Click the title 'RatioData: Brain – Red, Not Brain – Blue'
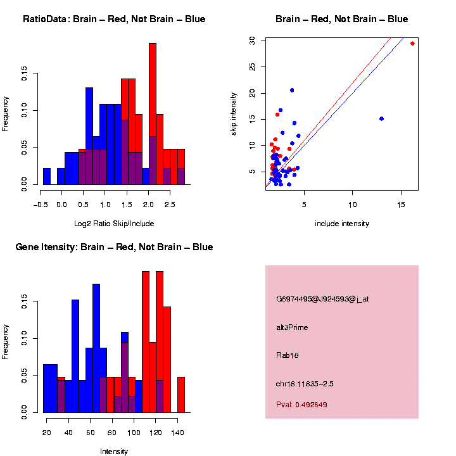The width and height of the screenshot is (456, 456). click(x=114, y=19)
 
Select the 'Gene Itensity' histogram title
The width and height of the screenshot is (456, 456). click(x=114, y=247)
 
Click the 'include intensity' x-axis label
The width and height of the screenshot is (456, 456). click(x=342, y=224)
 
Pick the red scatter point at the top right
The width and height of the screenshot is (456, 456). click(x=412, y=44)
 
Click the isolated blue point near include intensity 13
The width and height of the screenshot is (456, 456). click(x=381, y=118)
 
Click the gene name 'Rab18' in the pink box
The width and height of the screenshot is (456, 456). click(x=288, y=355)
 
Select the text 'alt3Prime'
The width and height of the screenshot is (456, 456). click(x=292, y=327)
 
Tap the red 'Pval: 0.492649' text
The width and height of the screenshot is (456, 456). click(x=301, y=405)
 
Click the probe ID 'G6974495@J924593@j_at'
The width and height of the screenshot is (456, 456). click(x=322, y=299)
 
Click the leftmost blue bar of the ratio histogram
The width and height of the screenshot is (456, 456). click(x=47, y=178)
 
